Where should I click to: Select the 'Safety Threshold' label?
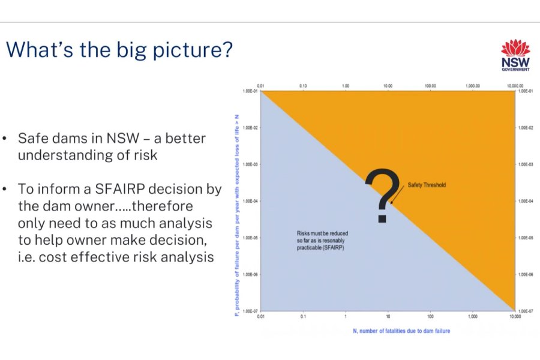click(427, 185)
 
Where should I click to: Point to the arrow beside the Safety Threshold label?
click(398, 195)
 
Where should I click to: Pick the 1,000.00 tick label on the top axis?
click(473, 86)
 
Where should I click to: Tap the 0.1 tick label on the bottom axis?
click(303, 316)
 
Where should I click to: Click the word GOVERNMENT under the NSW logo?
click(515, 70)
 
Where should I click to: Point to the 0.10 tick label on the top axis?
click(303, 86)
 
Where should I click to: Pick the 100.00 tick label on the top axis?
click(430, 86)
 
